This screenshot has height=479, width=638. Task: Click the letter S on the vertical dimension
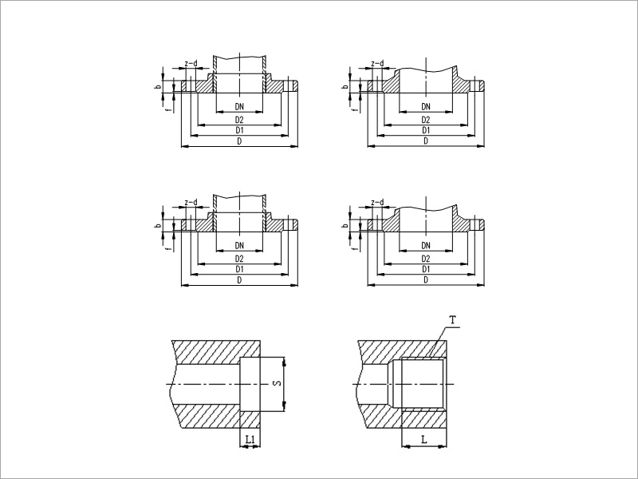[278, 383]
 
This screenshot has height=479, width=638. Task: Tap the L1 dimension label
[250, 439]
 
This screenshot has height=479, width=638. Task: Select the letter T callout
[454, 320]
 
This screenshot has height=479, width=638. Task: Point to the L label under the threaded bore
[424, 440]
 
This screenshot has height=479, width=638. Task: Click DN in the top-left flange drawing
[239, 106]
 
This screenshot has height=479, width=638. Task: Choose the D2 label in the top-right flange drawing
[426, 120]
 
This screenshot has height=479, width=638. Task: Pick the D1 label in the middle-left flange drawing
[239, 269]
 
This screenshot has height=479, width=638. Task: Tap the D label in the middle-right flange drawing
[426, 280]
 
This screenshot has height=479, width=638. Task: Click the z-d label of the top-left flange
[191, 63]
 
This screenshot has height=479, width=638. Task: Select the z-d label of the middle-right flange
[377, 202]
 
